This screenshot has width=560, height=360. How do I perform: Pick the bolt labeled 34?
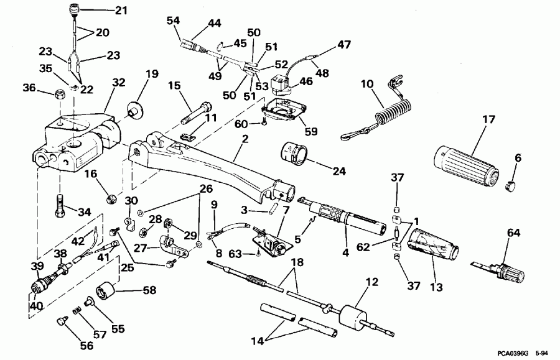[59, 206]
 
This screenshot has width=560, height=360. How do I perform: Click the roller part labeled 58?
[105, 292]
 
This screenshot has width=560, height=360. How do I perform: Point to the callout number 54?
[174, 21]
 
